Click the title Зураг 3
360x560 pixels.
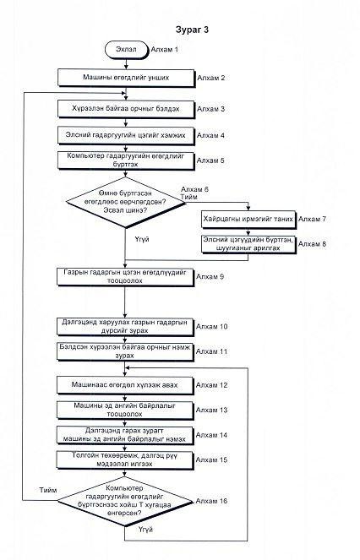click(x=192, y=30)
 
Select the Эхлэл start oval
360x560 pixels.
click(x=126, y=49)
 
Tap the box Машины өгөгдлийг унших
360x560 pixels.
click(x=126, y=78)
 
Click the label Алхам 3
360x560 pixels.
click(x=211, y=109)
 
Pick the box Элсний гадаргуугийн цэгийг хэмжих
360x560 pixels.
click(x=126, y=136)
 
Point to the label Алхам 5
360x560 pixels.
click(x=210, y=160)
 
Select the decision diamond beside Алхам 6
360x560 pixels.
click(x=126, y=202)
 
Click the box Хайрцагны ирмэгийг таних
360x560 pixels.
click(x=248, y=220)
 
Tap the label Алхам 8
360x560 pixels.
click(x=312, y=244)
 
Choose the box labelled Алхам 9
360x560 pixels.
click(x=126, y=277)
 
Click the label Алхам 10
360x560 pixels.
click(x=211, y=326)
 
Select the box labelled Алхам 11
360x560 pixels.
click(x=126, y=351)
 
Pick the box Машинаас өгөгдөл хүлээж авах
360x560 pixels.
click(x=126, y=385)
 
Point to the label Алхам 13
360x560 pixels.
click(x=211, y=410)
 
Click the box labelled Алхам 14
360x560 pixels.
click(x=126, y=435)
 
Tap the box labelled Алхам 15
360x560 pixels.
click(x=126, y=460)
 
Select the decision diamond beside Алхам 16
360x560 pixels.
click(x=125, y=501)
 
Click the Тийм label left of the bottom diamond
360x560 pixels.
click(x=48, y=490)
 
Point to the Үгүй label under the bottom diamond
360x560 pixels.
click(x=146, y=530)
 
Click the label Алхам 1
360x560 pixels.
click(x=165, y=49)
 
